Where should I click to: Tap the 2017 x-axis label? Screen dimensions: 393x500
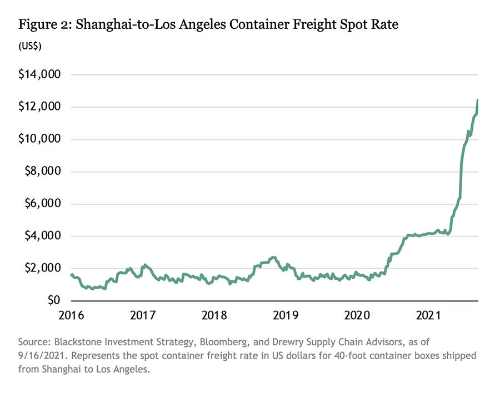coord(142,315)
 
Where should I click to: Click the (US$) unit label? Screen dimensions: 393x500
coord(30,45)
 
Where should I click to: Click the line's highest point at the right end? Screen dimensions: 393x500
coord(477,100)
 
